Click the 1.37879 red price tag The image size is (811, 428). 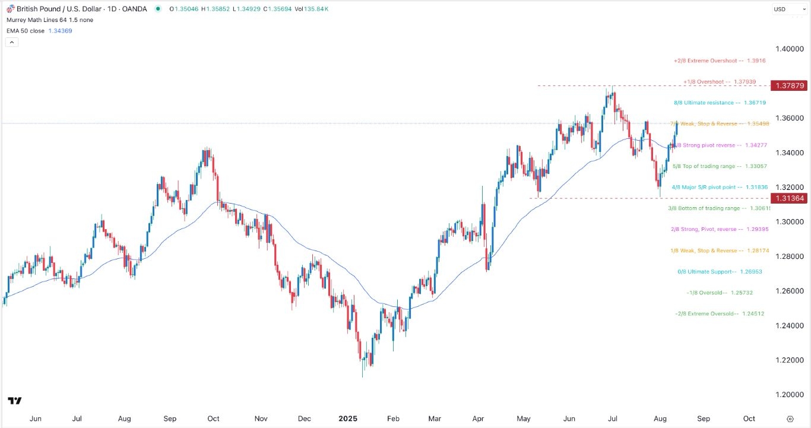[789, 85]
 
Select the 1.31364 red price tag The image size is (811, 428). [789, 198]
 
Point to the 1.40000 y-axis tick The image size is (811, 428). [789, 49]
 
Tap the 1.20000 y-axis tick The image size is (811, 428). [789, 395]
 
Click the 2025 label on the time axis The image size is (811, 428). [349, 419]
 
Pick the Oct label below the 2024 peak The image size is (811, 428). [213, 419]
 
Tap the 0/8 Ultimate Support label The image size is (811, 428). [719, 272]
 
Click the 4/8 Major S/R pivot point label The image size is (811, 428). [718, 187]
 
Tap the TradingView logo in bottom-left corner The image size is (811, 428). [15, 401]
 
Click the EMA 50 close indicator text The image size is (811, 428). [25, 31]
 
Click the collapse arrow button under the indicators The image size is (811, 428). [12, 42]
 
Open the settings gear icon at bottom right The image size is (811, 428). [790, 419]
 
